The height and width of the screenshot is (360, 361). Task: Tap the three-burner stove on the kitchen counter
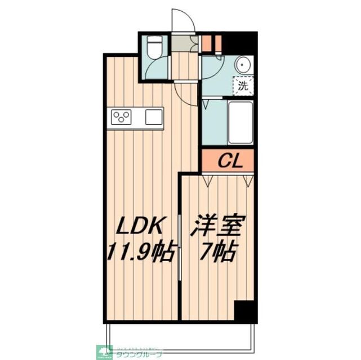[x=121, y=118]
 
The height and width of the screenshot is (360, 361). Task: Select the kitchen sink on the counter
[x=154, y=117]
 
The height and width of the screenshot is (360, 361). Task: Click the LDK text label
[x=140, y=227]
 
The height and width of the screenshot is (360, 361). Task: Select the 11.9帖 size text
[x=140, y=250]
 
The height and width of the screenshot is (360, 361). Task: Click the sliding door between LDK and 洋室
[x=179, y=247]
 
